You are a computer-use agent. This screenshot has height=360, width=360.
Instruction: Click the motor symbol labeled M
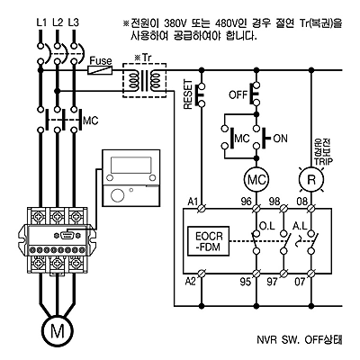58,331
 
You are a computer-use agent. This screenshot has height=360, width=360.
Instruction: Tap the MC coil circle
256,180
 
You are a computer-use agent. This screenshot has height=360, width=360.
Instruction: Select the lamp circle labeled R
311,180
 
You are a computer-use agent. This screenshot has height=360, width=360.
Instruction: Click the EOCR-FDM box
209,241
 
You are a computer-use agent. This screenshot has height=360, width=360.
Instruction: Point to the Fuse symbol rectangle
100,70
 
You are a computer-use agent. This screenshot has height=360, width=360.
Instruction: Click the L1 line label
41,22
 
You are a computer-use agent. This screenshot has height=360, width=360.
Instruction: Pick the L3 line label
74,22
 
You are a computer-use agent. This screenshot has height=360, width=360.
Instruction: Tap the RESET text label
187,94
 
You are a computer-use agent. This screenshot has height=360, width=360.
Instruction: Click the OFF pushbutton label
238,95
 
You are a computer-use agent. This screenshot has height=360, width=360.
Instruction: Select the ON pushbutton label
281,139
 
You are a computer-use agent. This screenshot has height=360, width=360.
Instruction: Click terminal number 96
246,202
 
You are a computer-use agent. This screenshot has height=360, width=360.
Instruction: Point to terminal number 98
274,202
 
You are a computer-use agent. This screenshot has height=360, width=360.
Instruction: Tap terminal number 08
302,202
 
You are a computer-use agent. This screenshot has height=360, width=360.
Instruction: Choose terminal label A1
193,202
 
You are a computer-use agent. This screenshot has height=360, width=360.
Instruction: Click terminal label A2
191,282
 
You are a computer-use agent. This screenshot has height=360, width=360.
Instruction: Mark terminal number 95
245,282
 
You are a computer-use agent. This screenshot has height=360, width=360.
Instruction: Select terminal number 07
300,282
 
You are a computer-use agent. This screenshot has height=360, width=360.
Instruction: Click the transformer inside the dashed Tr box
145,80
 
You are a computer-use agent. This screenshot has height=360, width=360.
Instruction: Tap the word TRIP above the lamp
323,162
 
